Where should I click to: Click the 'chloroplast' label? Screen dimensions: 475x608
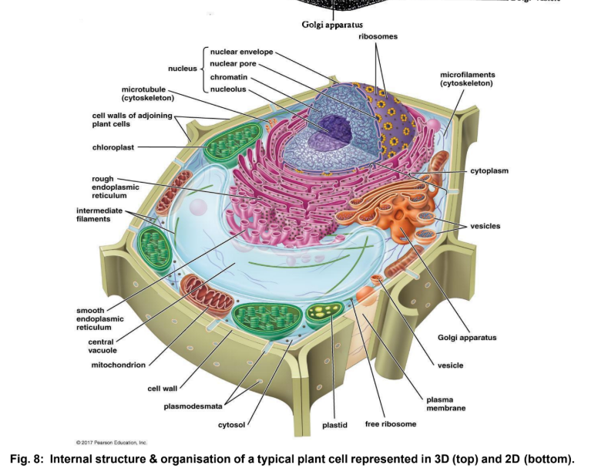point(114,147)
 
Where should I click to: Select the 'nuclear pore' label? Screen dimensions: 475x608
point(233,63)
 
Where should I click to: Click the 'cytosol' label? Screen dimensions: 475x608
point(231,424)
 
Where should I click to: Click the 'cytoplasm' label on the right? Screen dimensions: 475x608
point(489,170)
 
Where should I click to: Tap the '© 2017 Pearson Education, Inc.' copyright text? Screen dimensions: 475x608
point(111,443)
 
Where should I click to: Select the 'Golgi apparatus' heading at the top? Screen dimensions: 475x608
point(332,25)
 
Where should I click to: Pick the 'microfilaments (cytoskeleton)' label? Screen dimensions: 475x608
point(466,79)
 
